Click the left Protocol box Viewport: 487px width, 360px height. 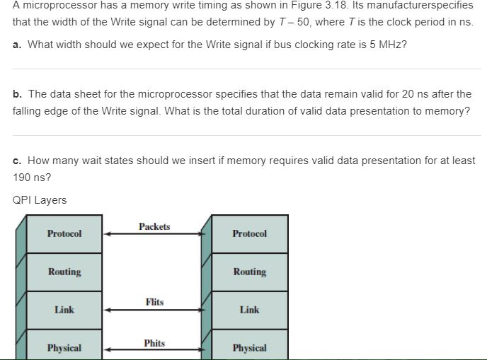click(64, 233)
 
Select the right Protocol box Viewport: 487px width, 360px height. click(250, 233)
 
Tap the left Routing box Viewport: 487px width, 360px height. click(64, 272)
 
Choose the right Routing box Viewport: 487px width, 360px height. click(250, 272)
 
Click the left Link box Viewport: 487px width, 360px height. click(64, 310)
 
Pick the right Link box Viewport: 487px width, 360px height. click(250, 310)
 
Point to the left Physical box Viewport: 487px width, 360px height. click(64, 347)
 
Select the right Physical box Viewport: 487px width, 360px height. click(250, 347)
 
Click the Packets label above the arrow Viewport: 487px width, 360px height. click(154, 226)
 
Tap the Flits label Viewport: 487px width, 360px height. click(154, 302)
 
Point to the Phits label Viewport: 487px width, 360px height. click(154, 343)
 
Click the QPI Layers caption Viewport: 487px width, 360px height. click(40, 200)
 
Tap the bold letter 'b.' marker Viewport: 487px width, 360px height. click(17, 94)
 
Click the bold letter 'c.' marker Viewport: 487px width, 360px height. click(17, 161)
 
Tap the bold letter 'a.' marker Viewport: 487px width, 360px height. click(17, 45)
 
